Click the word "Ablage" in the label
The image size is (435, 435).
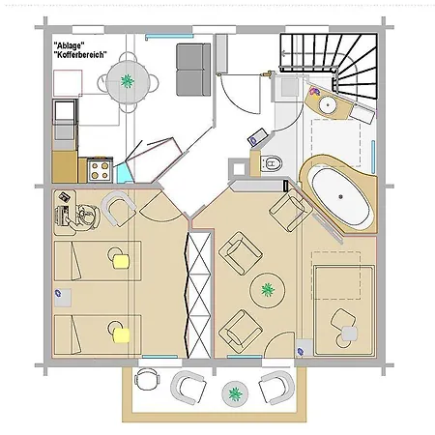click(67, 45)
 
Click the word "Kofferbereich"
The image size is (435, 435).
click(80, 55)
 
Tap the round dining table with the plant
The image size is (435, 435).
click(128, 82)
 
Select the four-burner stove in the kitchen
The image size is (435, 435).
click(100, 170)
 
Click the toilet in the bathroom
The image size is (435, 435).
click(271, 163)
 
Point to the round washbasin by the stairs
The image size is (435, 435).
click(329, 104)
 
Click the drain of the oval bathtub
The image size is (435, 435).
click(341, 196)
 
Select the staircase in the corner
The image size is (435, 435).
click(329, 66)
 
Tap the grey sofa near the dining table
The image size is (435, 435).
click(193, 70)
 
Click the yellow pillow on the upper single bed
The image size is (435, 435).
click(121, 261)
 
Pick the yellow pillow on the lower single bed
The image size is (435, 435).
click(121, 335)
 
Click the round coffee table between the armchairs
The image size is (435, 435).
click(268, 290)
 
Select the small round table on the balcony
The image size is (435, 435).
click(235, 393)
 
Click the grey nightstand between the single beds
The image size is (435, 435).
click(63, 298)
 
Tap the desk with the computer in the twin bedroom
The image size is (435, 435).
click(65, 213)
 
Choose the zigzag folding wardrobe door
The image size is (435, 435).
click(186, 295)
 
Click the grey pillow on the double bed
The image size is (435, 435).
click(349, 333)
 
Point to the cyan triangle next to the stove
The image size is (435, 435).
click(124, 174)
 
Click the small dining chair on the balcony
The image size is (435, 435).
click(147, 379)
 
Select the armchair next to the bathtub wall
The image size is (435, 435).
click(290, 210)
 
